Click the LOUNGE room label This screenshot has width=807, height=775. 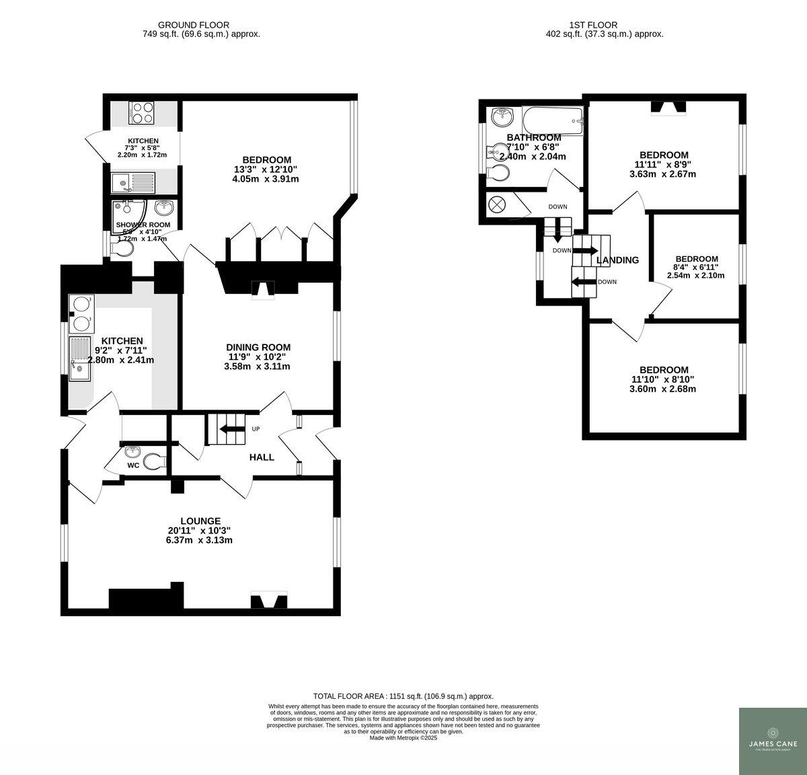pos(200,521)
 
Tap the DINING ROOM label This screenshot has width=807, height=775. pos(258,347)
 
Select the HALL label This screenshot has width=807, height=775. pos(262,457)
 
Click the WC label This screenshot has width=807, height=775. pos(133,465)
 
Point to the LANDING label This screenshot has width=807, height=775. pos(617,260)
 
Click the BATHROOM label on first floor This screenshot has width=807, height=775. pos(534,137)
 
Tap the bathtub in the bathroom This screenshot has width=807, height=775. pos(552,121)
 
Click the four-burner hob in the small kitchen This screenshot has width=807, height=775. pos(141,112)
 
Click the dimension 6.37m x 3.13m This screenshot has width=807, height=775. pos(200,540)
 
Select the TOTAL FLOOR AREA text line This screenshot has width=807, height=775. pos(403,696)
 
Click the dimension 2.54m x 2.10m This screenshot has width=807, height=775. pos(695,275)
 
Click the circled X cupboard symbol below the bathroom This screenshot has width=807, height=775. pos(498,205)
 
